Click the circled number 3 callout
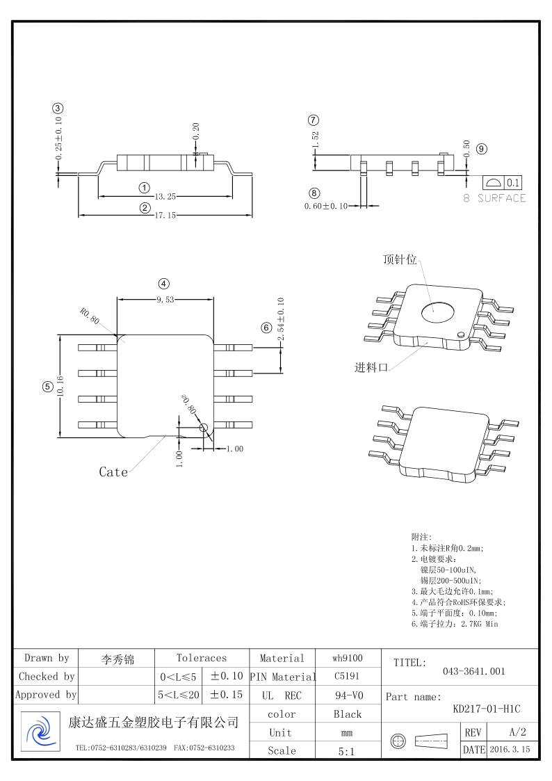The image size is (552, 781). click(58, 108)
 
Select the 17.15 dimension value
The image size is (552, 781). click(165, 216)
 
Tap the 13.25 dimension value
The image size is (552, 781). click(165, 197)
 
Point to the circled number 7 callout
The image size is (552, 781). click(314, 120)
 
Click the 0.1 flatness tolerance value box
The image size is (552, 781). click(513, 184)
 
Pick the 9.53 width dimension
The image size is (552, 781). click(165, 300)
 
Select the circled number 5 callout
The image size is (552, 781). click(47, 387)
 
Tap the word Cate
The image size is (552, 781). click(113, 472)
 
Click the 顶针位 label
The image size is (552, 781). click(400, 259)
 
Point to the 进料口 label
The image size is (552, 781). click(371, 368)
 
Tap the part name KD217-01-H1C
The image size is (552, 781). click(486, 709)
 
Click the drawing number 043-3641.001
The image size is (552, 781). click(473, 671)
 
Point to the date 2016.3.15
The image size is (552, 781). click(510, 750)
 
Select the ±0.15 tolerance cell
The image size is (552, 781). click(226, 694)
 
